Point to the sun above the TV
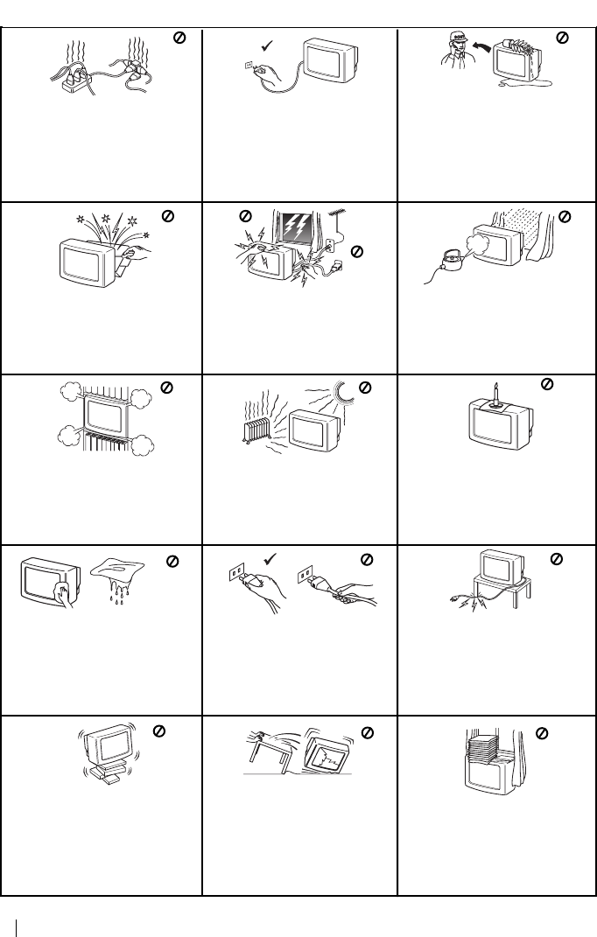(x=345, y=398)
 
